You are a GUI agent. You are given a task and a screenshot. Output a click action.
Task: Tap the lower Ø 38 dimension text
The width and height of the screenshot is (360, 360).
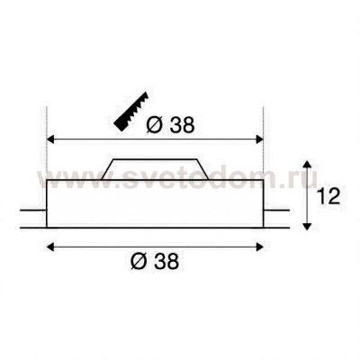pyautogui.click(x=156, y=262)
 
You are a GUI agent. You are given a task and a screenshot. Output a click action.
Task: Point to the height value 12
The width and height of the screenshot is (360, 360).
pyautogui.click(x=328, y=195)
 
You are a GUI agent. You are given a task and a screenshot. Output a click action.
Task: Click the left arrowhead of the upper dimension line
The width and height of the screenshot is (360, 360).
pyautogui.click(x=51, y=139)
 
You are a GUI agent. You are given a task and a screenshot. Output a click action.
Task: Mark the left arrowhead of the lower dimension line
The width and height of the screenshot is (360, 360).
pyautogui.click(x=51, y=245)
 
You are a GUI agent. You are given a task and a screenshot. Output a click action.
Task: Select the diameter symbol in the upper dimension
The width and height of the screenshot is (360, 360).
pyautogui.click(x=153, y=125)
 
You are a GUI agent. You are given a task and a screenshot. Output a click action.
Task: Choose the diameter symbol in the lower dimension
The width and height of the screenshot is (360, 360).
pyautogui.click(x=137, y=262)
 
